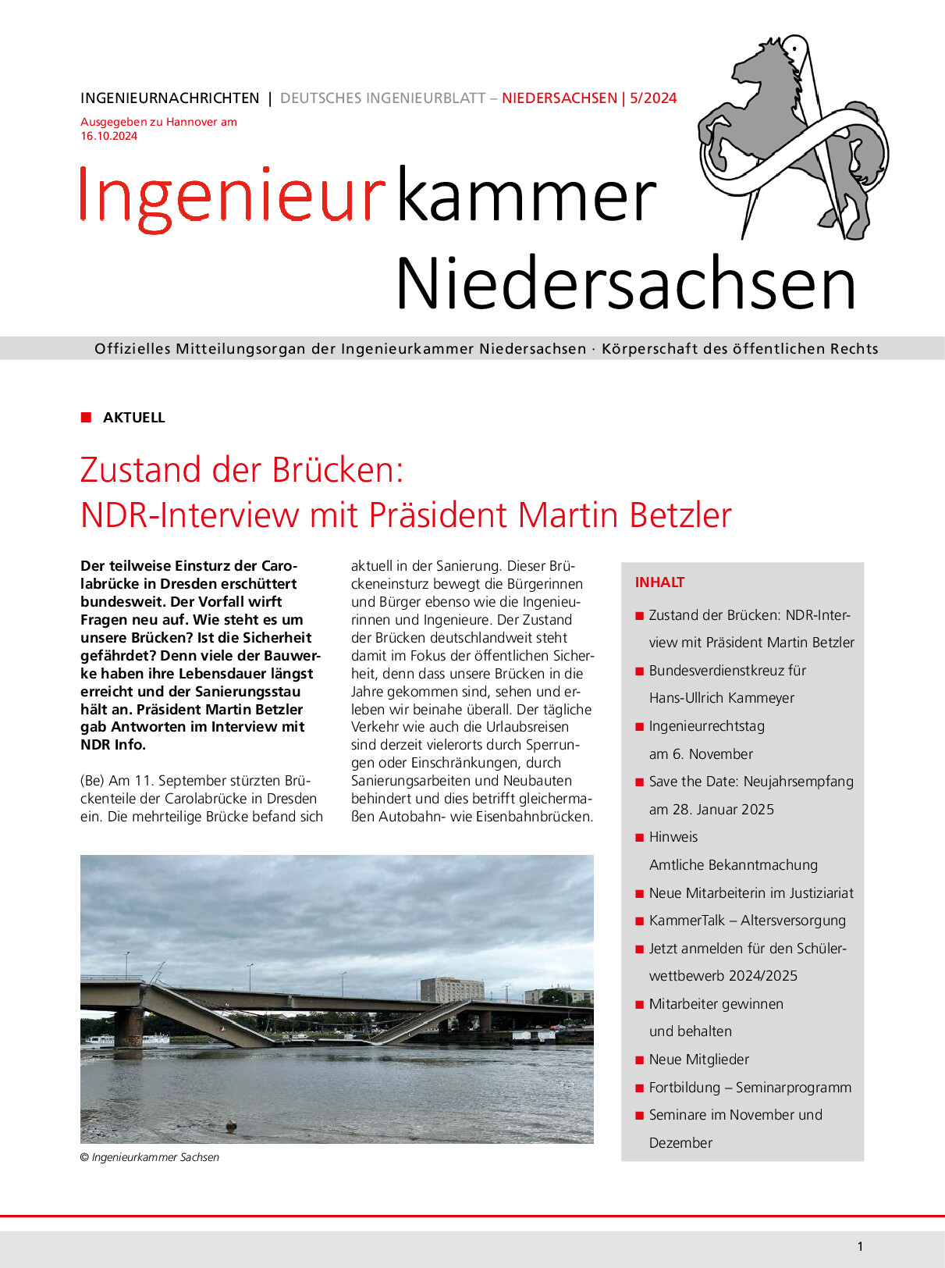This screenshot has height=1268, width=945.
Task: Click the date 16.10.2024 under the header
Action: [x=109, y=136]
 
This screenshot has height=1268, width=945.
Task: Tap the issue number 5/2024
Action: [x=653, y=98]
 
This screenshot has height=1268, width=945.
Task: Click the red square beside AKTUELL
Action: [x=87, y=417]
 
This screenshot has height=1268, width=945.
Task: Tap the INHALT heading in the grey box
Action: [x=659, y=582]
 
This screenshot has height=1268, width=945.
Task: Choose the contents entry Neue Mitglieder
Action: [x=698, y=1060]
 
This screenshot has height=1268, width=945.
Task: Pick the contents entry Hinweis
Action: [x=673, y=837]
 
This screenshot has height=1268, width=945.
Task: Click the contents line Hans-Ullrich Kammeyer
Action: [x=721, y=698]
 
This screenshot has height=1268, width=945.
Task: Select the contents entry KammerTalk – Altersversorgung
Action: [x=747, y=921]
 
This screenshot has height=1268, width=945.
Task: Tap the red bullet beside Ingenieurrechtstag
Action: [x=640, y=727]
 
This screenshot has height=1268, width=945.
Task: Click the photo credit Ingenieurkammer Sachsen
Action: [x=155, y=1157]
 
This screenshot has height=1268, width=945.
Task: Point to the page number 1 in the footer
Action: [x=860, y=1247]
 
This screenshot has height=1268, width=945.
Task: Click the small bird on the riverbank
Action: [x=231, y=1125]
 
